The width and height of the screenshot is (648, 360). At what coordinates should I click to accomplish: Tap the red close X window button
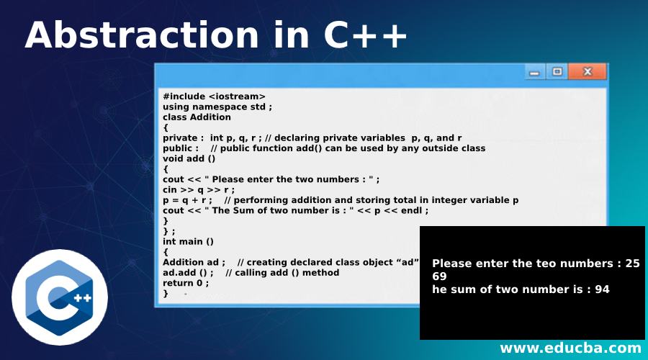click(x=588, y=71)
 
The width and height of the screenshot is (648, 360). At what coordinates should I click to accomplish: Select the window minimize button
click(x=534, y=72)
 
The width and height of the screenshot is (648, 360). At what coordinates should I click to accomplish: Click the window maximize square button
click(x=557, y=71)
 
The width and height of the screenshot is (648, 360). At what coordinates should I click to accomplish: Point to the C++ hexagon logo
click(x=60, y=297)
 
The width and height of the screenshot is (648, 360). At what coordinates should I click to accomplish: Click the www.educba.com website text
click(x=570, y=348)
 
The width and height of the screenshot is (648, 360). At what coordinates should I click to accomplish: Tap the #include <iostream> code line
click(x=214, y=96)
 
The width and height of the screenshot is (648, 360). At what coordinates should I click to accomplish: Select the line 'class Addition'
click(x=197, y=117)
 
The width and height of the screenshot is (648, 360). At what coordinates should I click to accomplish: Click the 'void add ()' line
click(x=189, y=158)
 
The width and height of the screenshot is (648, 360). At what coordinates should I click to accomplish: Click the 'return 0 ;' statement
click(x=186, y=283)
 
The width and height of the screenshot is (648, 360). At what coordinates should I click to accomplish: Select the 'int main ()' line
click(x=188, y=241)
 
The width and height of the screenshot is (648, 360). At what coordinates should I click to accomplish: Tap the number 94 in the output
click(x=602, y=289)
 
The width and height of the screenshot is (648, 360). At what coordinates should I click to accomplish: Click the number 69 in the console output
click(x=439, y=276)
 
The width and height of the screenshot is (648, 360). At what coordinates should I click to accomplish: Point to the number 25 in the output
click(x=633, y=264)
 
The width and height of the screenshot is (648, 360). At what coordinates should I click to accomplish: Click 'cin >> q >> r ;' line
click(x=199, y=190)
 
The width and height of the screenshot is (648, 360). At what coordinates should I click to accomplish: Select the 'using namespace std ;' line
click(x=217, y=107)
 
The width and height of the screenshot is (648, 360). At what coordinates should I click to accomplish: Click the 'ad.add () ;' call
click(x=188, y=273)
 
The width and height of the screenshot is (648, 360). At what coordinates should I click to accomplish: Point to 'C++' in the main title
click(x=365, y=35)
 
